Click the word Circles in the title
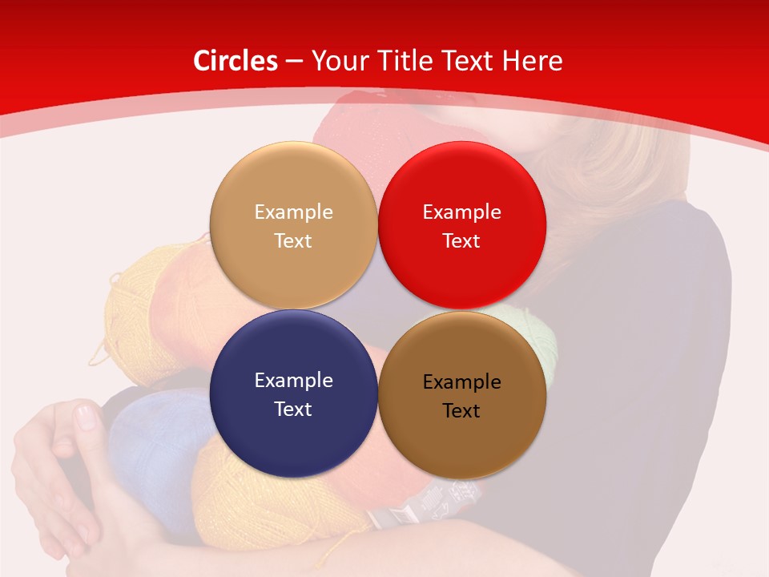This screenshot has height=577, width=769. (x=235, y=61)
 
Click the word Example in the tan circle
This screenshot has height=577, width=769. (x=293, y=212)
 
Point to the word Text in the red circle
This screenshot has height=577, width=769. (x=461, y=241)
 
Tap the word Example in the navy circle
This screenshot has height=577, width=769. (x=293, y=381)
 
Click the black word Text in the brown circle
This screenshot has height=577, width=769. (x=461, y=411)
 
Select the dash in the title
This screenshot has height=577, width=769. (x=294, y=62)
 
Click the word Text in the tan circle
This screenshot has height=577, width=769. (x=293, y=241)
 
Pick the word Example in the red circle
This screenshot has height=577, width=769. (x=461, y=212)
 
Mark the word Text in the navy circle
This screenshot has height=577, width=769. (x=293, y=410)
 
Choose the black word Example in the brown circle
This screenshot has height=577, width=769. (x=461, y=382)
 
